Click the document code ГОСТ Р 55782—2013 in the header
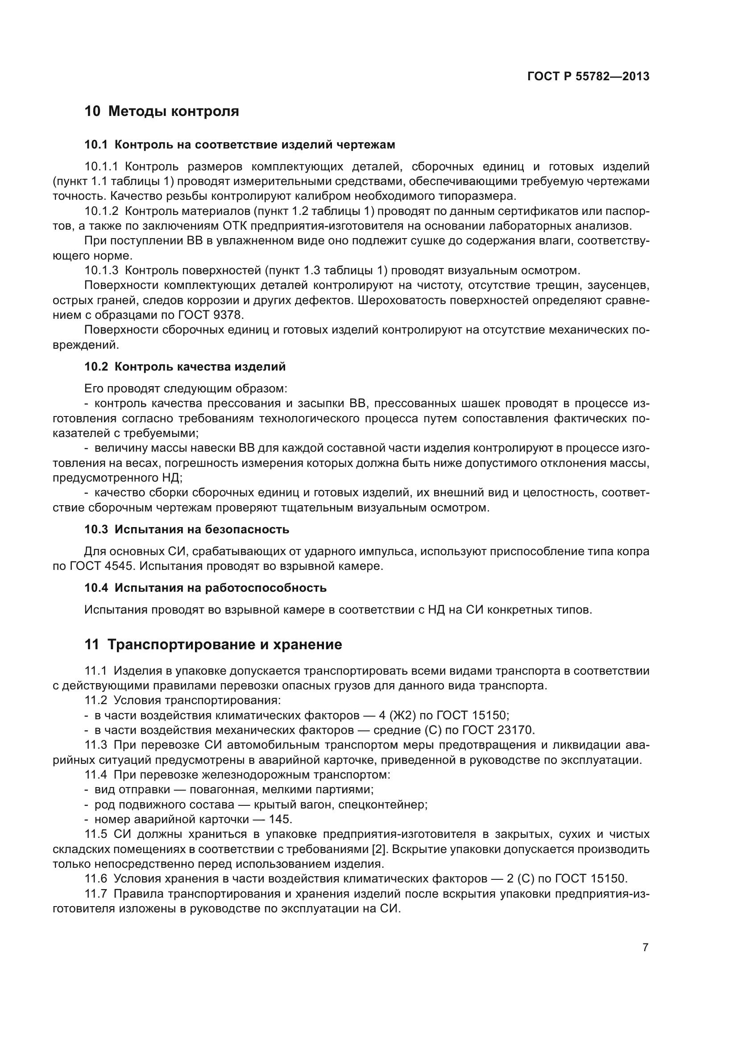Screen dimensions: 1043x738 (588, 76)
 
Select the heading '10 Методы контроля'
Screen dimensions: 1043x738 (162, 111)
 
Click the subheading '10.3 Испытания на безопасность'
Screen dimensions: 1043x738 (187, 529)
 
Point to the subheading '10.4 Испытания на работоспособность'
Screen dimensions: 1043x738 (205, 588)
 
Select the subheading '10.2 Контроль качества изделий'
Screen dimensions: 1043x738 (185, 367)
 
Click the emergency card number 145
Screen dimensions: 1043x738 (280, 819)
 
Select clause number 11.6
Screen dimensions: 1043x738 (95, 878)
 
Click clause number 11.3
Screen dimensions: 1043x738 (95, 745)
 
